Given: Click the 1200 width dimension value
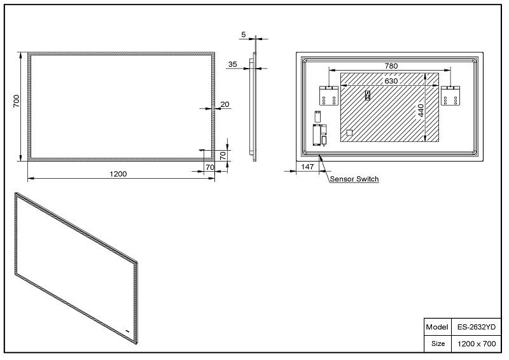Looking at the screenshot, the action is point(118,174).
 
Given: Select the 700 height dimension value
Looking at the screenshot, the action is point(17,101).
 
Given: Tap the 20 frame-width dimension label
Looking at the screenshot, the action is point(225,104).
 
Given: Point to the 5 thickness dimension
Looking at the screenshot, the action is point(244,34).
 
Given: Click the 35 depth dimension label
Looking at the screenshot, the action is point(232,64).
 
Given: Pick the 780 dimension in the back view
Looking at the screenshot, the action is point(391,66).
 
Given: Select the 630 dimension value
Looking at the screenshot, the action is point(391,81).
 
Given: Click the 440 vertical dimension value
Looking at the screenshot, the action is point(421,111).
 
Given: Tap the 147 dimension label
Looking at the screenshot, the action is point(307,167).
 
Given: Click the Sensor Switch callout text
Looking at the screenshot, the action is point(354,179).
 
